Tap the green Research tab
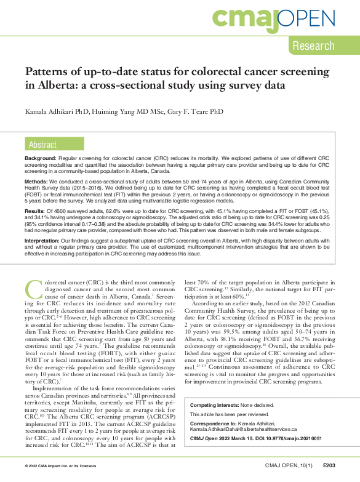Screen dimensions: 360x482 point(313,46)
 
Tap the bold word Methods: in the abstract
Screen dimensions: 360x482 point(37,183)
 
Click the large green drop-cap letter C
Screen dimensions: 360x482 point(34,291)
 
